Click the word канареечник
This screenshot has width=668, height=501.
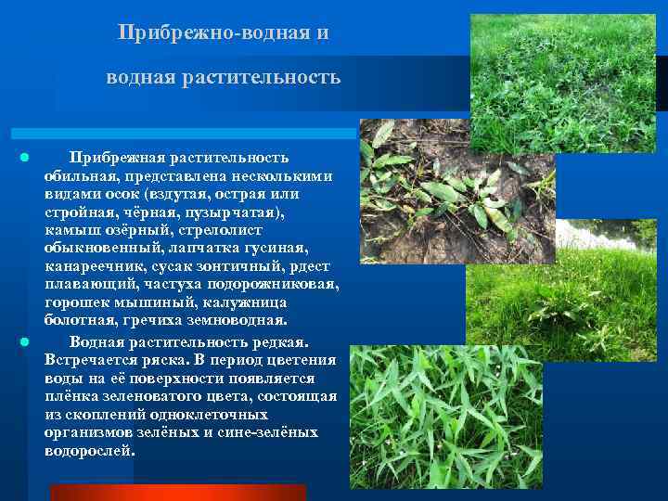coord(87,267)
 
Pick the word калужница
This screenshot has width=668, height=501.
coord(243,303)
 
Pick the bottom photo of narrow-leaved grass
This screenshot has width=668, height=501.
coord(445,417)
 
